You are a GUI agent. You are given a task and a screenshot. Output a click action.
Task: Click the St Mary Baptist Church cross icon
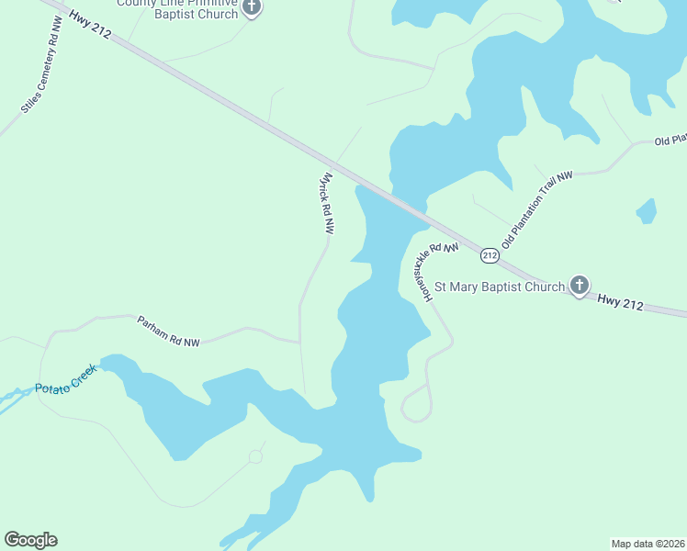(579, 286)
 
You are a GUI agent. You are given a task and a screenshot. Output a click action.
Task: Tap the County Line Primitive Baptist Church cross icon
(251, 8)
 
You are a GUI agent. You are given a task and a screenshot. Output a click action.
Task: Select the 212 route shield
(490, 254)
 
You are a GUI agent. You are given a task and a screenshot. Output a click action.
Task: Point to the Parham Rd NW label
(168, 332)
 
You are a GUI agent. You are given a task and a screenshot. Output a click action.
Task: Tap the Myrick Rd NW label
(323, 205)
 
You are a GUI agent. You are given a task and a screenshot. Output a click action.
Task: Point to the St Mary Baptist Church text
(499, 287)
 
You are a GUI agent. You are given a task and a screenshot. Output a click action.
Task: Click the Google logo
(30, 540)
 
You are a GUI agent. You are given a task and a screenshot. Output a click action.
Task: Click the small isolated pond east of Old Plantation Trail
(647, 211)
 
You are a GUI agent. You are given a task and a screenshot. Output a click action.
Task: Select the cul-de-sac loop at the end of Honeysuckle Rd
(416, 403)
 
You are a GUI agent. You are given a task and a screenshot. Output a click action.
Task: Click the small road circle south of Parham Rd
(255, 456)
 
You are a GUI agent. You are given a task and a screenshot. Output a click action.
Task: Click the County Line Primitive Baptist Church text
(176, 8)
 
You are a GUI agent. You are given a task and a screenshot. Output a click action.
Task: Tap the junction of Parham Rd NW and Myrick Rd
(300, 343)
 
